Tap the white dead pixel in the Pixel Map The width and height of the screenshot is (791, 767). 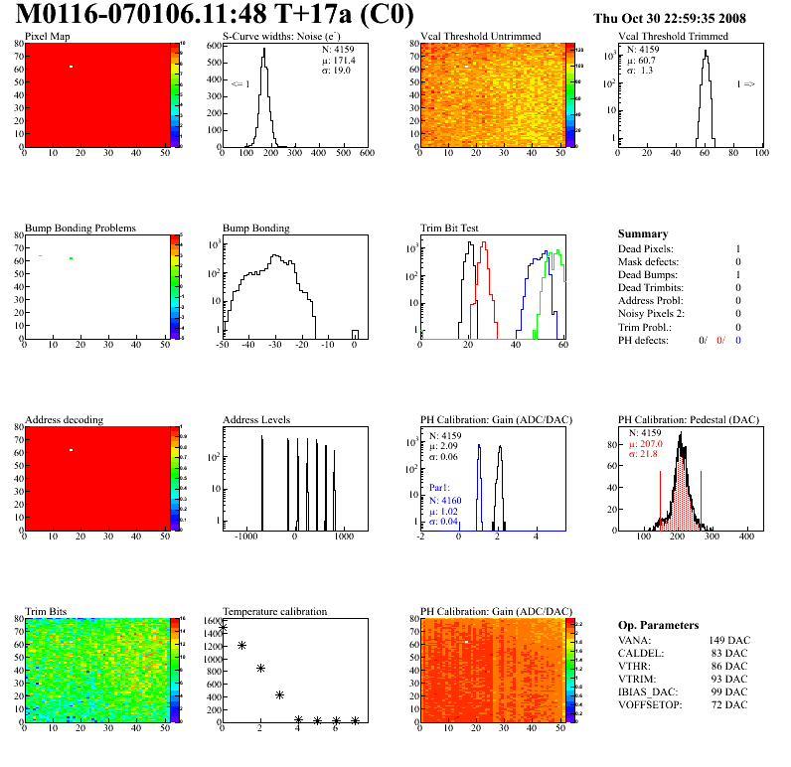click(x=72, y=67)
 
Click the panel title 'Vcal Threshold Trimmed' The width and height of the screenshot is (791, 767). click(x=673, y=37)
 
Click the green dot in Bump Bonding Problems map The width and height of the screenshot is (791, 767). click(x=72, y=258)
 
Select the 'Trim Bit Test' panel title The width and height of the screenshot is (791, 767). click(x=450, y=229)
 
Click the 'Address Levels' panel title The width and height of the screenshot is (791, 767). click(x=256, y=420)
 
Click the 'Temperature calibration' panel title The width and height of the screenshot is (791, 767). click(x=274, y=612)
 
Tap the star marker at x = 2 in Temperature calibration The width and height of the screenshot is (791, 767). click(x=260, y=669)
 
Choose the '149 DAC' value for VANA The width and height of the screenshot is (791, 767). click(x=728, y=640)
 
